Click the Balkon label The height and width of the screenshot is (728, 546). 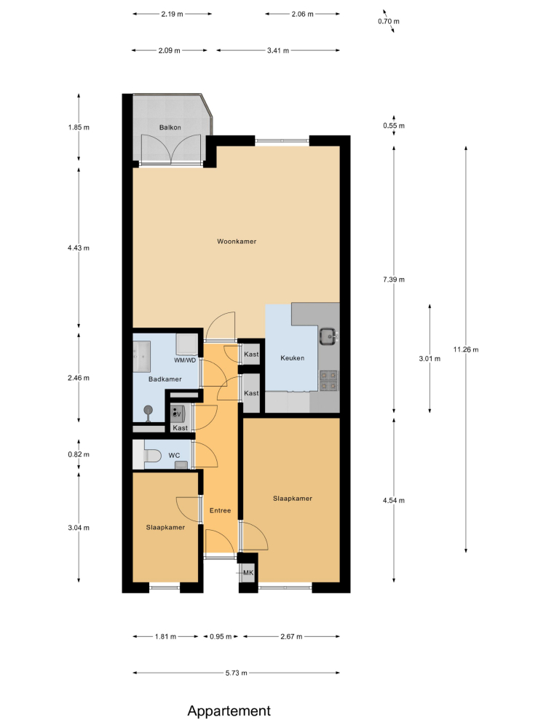pyautogui.click(x=170, y=127)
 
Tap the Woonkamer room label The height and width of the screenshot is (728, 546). pyautogui.click(x=237, y=242)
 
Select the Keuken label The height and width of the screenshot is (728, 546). pyautogui.click(x=293, y=358)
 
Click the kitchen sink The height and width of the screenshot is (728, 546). pyautogui.click(x=328, y=336)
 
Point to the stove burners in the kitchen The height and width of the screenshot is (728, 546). pyautogui.click(x=329, y=381)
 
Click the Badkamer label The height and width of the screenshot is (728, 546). pyautogui.click(x=165, y=379)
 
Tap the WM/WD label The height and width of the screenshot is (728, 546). pyautogui.click(x=185, y=360)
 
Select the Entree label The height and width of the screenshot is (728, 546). pyautogui.click(x=220, y=510)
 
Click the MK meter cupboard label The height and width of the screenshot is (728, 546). pyautogui.click(x=248, y=573)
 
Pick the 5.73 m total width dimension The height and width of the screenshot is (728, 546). pyautogui.click(x=237, y=673)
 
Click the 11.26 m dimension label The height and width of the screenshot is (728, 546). pyautogui.click(x=466, y=349)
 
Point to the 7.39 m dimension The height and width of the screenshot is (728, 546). pyautogui.click(x=394, y=280)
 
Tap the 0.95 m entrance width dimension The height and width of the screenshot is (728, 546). pyautogui.click(x=221, y=636)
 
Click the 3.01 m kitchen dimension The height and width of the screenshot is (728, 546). pyautogui.click(x=430, y=358)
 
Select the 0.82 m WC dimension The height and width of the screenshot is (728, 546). pyautogui.click(x=79, y=454)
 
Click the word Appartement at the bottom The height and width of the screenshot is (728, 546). pyautogui.click(x=229, y=711)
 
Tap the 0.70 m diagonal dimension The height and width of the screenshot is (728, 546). pyautogui.click(x=389, y=21)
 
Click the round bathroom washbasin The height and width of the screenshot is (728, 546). pyautogui.click(x=148, y=411)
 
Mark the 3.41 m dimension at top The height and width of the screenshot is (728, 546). pyautogui.click(x=278, y=51)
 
